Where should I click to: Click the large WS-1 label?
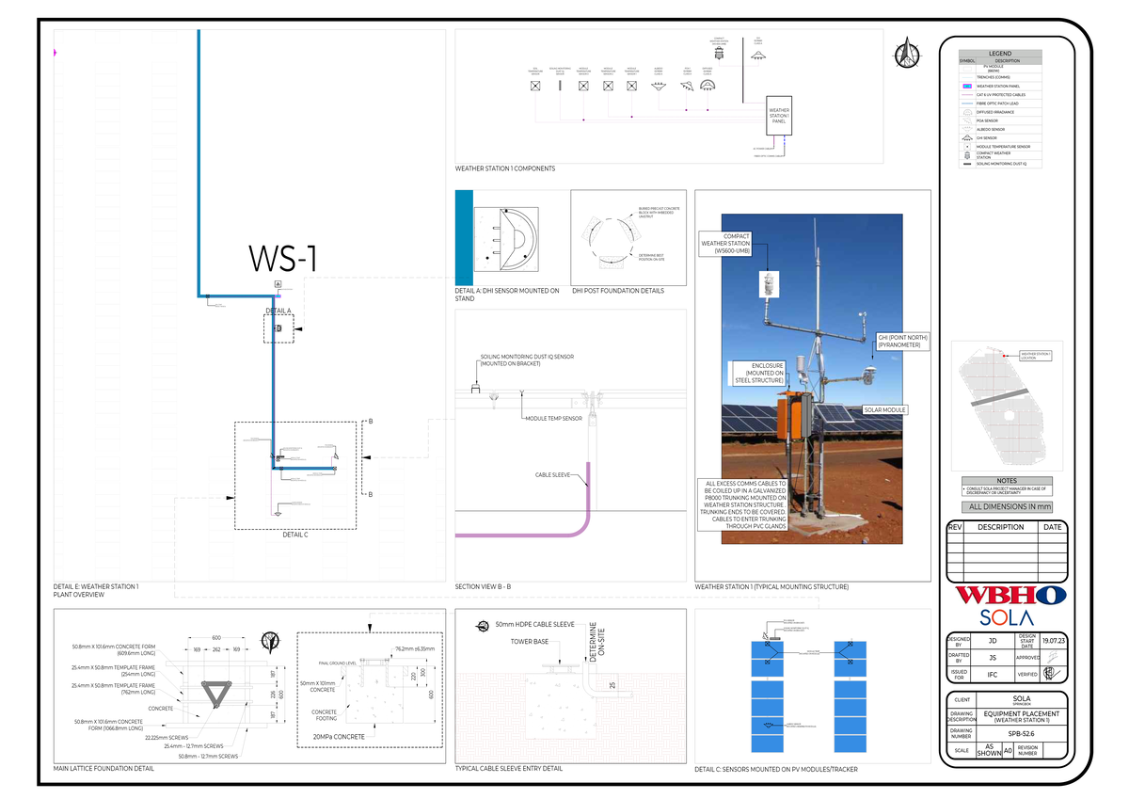tap(282, 260)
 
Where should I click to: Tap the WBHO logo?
tap(1010, 595)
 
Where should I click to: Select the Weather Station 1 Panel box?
tap(779, 116)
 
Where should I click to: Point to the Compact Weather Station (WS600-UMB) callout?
tap(732, 244)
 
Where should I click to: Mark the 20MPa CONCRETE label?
tap(338, 737)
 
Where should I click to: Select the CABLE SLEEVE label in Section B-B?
tap(554, 476)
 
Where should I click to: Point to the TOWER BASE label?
tap(529, 643)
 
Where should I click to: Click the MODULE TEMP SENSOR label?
tap(553, 418)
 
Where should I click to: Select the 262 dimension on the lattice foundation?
tap(216, 649)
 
